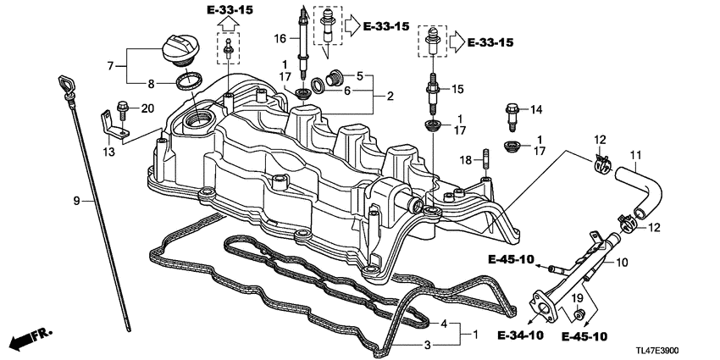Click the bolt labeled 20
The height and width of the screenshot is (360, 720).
coord(123,108)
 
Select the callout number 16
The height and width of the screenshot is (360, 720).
coord(280,39)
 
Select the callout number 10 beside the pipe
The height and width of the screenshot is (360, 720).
coord(623,263)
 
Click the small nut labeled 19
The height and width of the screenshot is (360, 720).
coord(579,316)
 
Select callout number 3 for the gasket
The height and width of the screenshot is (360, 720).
coord(429,344)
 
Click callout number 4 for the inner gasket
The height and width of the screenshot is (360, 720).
coord(442,324)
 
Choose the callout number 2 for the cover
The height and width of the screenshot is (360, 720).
coord(390,97)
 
